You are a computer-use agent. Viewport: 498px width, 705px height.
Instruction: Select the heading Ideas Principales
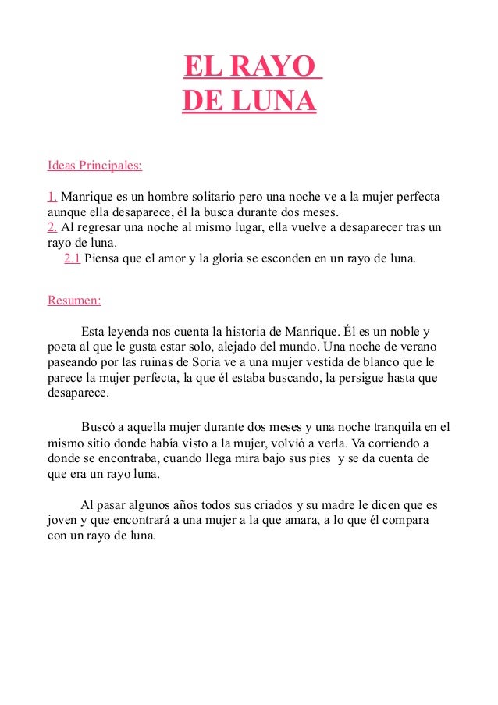coord(94,166)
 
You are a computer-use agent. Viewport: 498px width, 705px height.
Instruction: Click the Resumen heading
coord(74,300)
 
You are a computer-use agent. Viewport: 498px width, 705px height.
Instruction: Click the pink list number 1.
coord(53,195)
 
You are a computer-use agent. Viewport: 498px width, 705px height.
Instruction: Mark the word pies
coord(316,458)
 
